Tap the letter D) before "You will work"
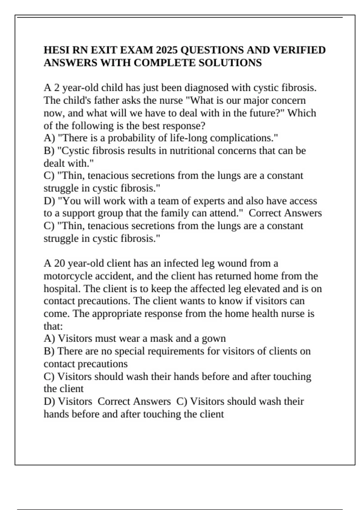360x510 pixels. click(x=49, y=201)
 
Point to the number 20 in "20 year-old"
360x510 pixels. click(x=59, y=263)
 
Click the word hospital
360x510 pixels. click(x=62, y=289)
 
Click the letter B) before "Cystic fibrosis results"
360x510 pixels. click(x=49, y=150)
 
